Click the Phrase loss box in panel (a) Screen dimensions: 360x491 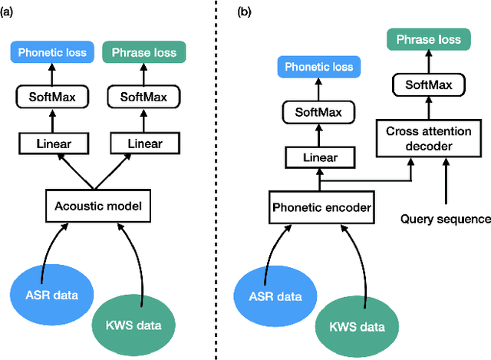click(x=143, y=53)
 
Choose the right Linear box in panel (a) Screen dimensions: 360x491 click(x=143, y=144)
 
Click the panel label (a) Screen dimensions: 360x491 click(x=10, y=12)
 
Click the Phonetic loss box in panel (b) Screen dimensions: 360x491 click(x=319, y=68)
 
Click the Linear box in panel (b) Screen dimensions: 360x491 click(x=319, y=158)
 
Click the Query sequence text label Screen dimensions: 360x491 click(x=446, y=219)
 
